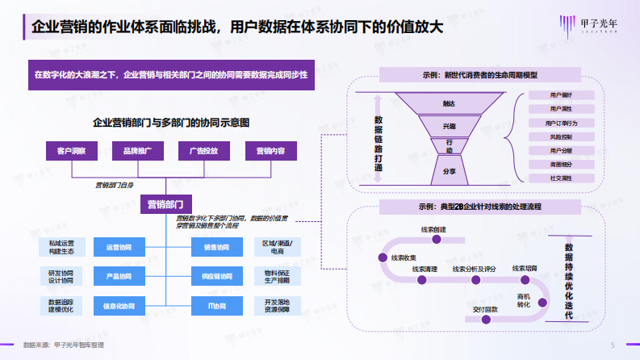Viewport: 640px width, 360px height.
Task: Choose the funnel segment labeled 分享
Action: [x=450, y=172]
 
